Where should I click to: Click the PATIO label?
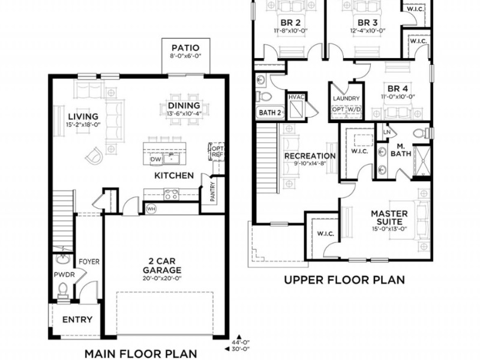pyautogui.click(x=185, y=48)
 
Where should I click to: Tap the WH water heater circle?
pyautogui.click(x=151, y=209)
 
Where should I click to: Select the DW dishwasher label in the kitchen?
pyautogui.click(x=156, y=160)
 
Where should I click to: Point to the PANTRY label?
pyautogui.click(x=213, y=192)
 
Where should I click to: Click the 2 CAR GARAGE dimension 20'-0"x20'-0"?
pyautogui.click(x=162, y=278)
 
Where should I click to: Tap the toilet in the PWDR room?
pyautogui.click(x=63, y=290)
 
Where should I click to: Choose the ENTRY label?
pyautogui.click(x=77, y=320)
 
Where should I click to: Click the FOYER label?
pyautogui.click(x=89, y=262)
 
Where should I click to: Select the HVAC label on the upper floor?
pyautogui.click(x=296, y=97)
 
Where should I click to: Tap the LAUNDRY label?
pyautogui.click(x=346, y=98)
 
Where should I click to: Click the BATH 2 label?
pyautogui.click(x=269, y=113)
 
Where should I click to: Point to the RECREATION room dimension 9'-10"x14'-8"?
pyautogui.click(x=310, y=163)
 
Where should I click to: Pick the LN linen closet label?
pyautogui.click(x=387, y=132)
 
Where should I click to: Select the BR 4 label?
pyautogui.click(x=398, y=89)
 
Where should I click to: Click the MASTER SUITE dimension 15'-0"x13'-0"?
pyautogui.click(x=389, y=229)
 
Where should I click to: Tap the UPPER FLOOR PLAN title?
pyautogui.click(x=344, y=280)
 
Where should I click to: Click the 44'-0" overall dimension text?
pyautogui.click(x=241, y=342)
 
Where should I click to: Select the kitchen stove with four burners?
pyautogui.click(x=172, y=194)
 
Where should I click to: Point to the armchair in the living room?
pyautogui.click(x=93, y=155)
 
